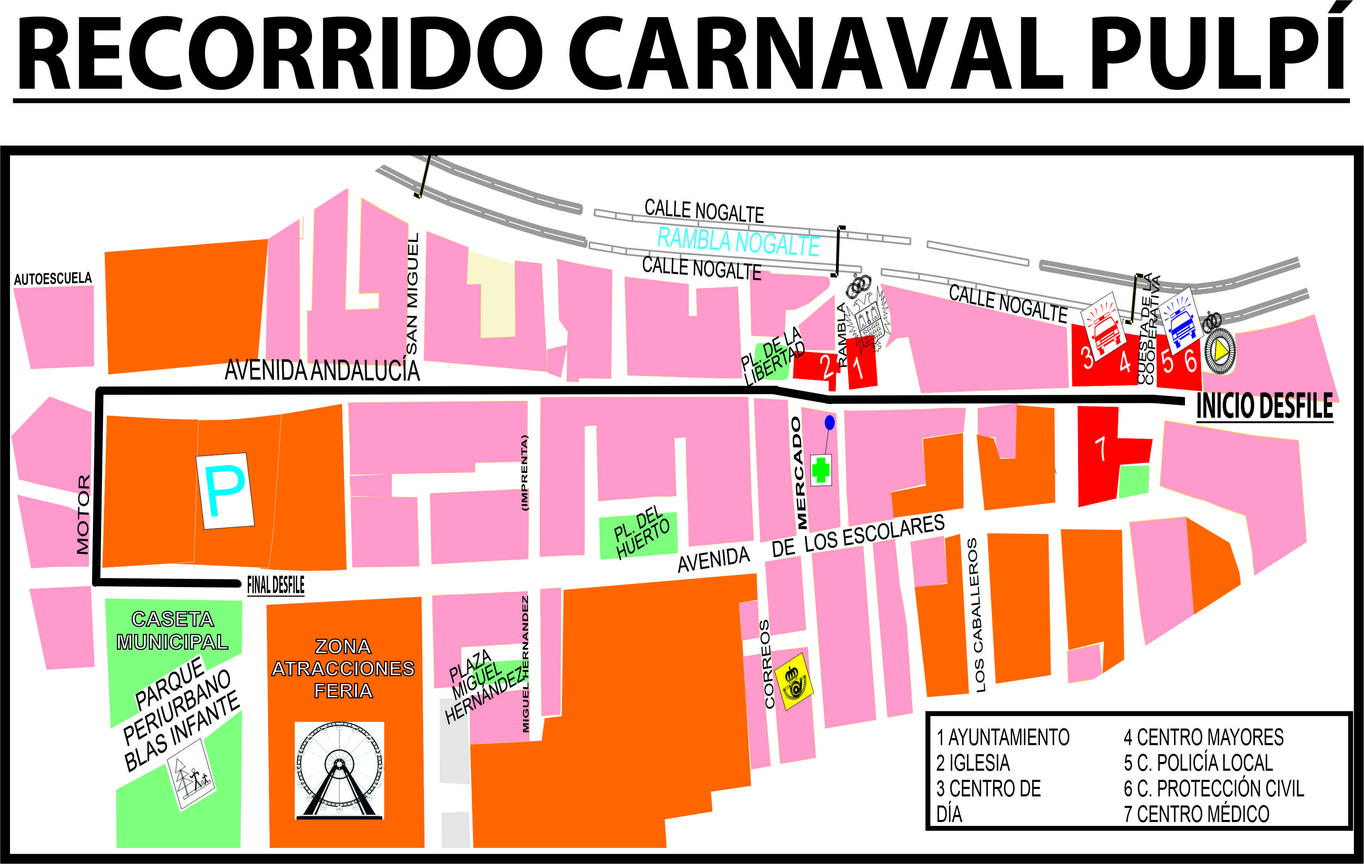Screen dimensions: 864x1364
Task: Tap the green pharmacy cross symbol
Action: [821, 470]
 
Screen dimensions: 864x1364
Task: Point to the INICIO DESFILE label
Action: [1264, 406]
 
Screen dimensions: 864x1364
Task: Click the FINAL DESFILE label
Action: [276, 585]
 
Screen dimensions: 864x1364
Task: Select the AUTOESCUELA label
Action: [53, 279]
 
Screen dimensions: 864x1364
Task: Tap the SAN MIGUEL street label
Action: [412, 294]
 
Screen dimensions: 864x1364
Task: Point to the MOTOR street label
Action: [83, 515]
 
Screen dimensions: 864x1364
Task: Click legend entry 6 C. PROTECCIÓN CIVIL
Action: [1213, 788]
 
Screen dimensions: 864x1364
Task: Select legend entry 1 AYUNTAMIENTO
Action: [1003, 737]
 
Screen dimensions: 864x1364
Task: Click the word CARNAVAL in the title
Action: [816, 54]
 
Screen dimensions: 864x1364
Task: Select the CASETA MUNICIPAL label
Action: [172, 631]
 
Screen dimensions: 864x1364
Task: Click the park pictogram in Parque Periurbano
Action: [191, 775]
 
